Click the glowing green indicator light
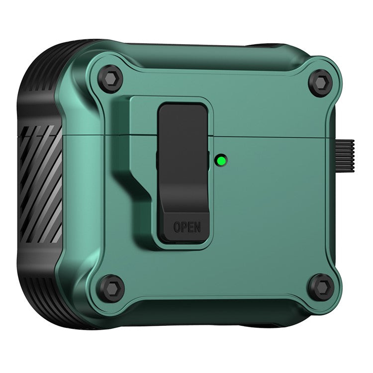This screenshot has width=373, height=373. [x=219, y=160]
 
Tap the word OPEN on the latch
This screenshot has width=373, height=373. [x=187, y=227]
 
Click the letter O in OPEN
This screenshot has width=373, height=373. [x=177, y=227]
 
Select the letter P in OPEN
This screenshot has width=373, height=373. [x=184, y=227]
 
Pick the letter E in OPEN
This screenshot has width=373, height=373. [x=190, y=227]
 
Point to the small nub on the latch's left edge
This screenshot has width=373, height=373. [x=158, y=159]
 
